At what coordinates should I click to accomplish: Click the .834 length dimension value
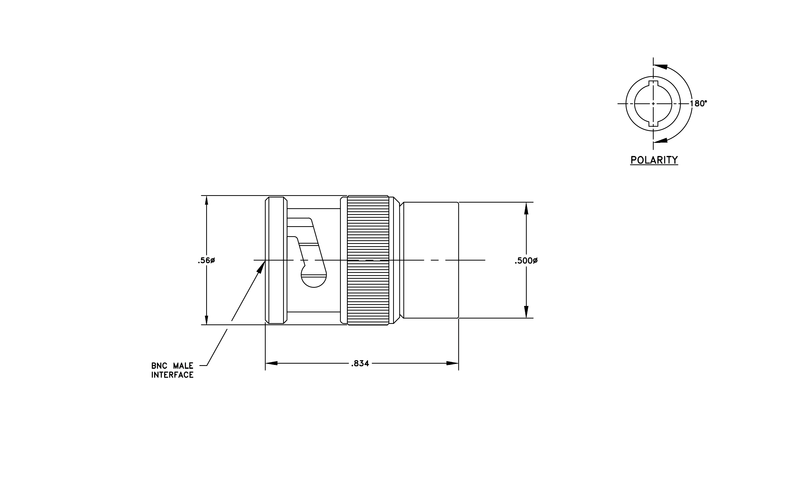pyautogui.click(x=360, y=363)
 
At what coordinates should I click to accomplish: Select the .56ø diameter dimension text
pyautogui.click(x=206, y=261)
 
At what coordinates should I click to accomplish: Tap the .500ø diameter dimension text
pyautogui.click(x=526, y=261)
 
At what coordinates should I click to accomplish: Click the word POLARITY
pyautogui.click(x=654, y=160)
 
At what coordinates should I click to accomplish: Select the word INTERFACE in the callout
pyautogui.click(x=172, y=375)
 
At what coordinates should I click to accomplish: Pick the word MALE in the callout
pyautogui.click(x=183, y=366)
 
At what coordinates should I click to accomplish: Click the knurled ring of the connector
pyautogui.click(x=368, y=260)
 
